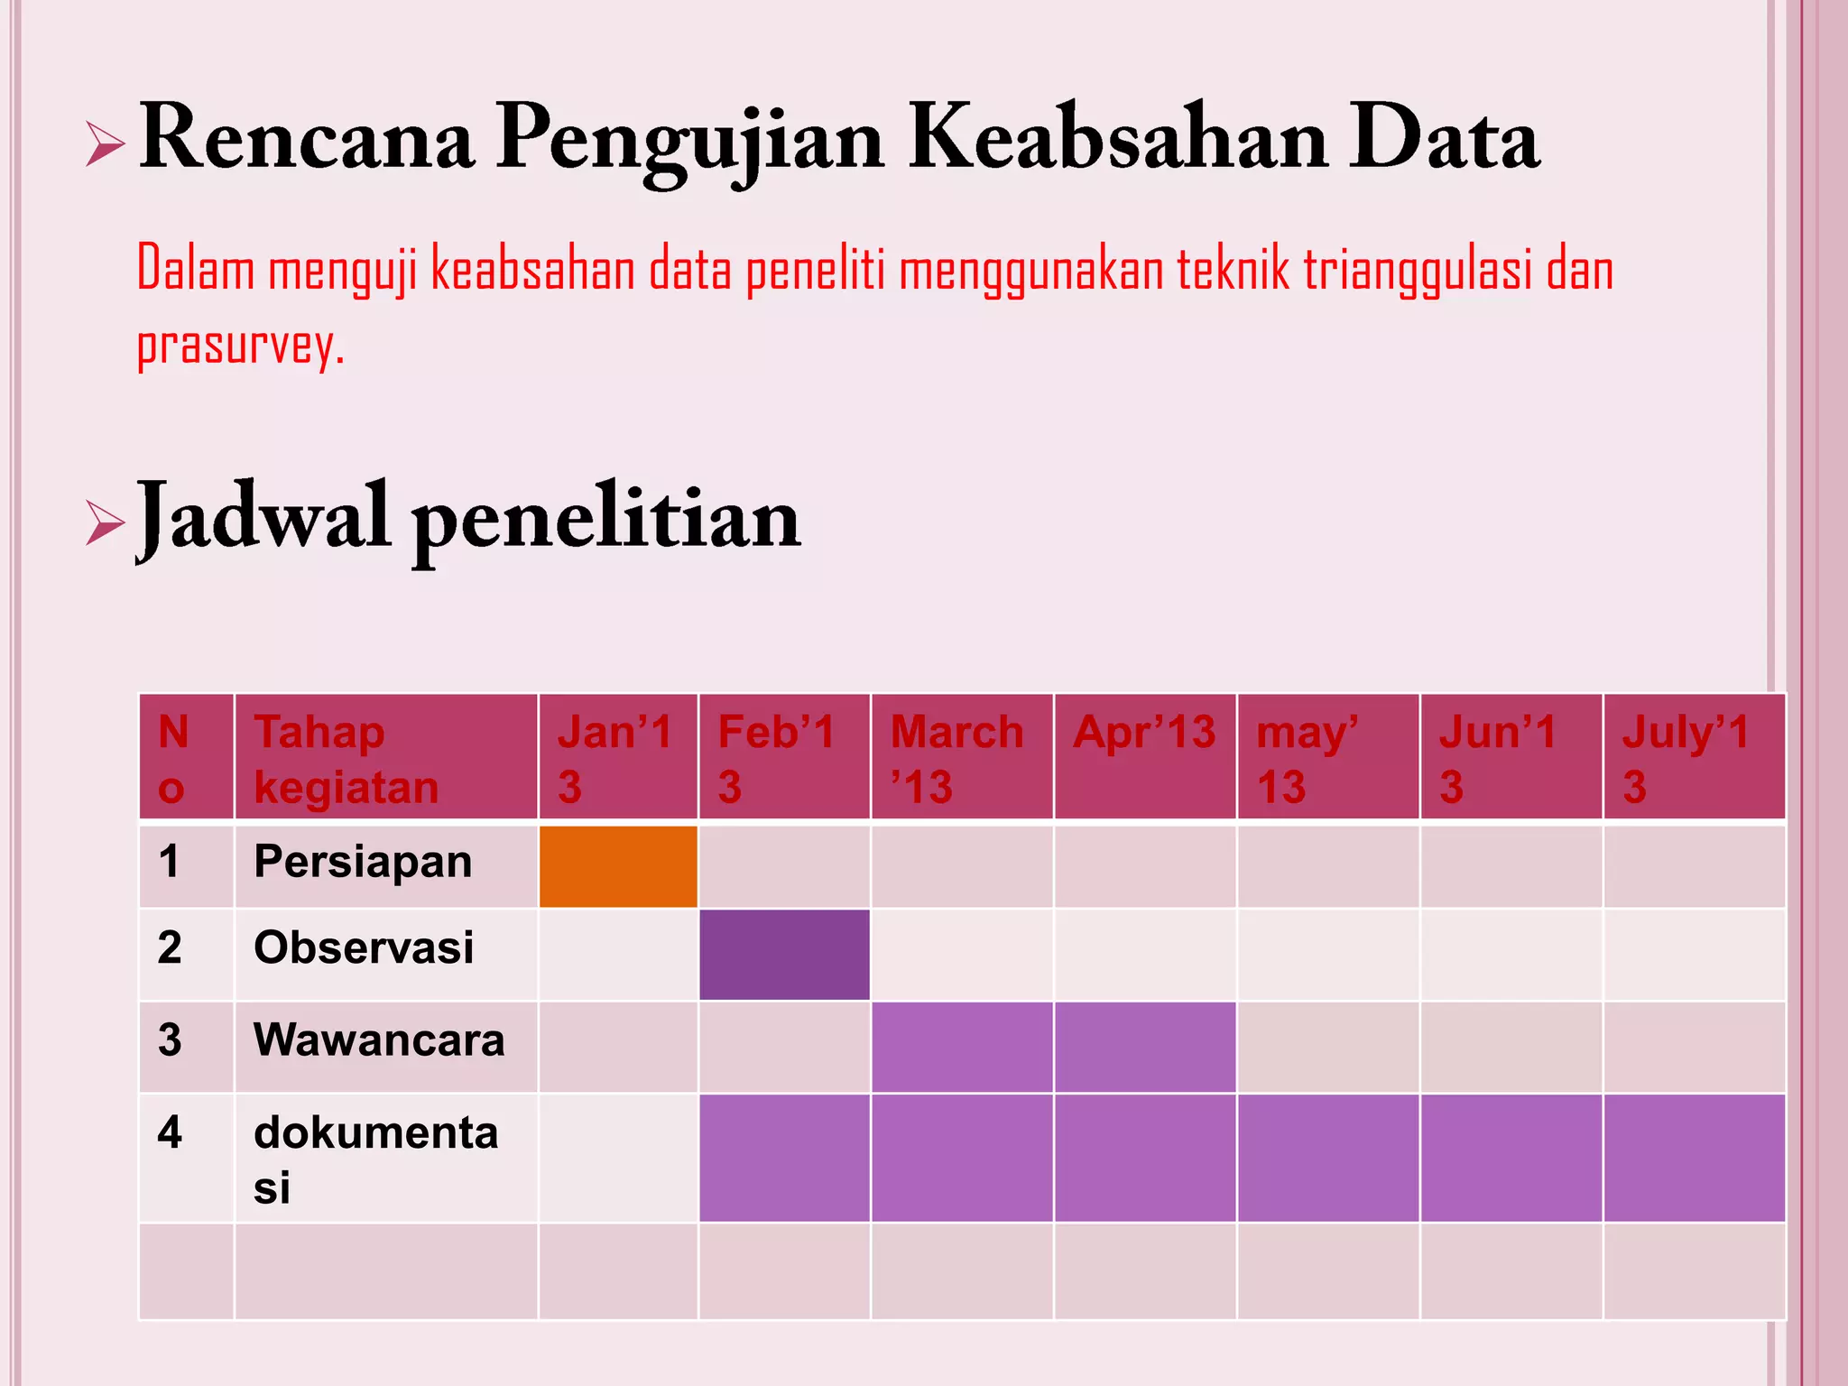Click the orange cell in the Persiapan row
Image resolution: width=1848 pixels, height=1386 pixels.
tap(618, 865)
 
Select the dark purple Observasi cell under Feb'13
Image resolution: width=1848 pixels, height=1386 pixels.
tap(784, 954)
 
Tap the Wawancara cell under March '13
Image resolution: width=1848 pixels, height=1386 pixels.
tap(962, 1047)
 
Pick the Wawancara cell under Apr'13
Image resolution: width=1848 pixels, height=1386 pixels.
tap(1145, 1047)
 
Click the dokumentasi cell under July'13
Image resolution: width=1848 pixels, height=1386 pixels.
tap(1694, 1158)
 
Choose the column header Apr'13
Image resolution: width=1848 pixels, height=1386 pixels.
tap(1144, 732)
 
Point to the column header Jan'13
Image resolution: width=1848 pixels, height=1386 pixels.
tap(615, 758)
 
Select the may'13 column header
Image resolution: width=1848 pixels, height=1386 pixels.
tap(1307, 758)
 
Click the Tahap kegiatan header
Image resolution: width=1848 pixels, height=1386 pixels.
tap(346, 758)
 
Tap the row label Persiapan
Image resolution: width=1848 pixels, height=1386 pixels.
tap(363, 862)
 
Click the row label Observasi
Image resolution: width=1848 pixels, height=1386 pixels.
tap(364, 947)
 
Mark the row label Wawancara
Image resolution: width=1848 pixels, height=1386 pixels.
tap(379, 1039)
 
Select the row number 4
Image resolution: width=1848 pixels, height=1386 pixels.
tap(170, 1132)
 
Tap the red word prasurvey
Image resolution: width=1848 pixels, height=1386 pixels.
tap(240, 345)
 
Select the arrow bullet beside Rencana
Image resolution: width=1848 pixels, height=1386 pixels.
tap(105, 144)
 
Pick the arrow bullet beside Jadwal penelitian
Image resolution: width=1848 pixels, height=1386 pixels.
tap(105, 522)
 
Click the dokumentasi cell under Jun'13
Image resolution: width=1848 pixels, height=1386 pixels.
tap(1511, 1158)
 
